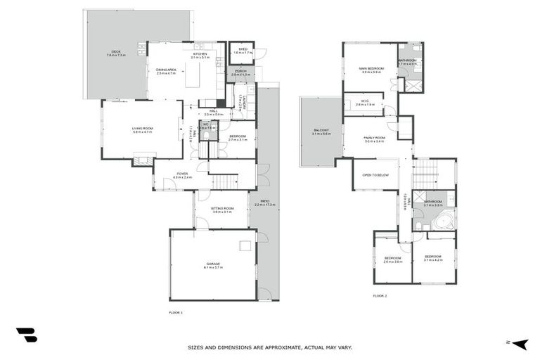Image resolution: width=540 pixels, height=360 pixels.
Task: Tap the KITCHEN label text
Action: coord(200,54)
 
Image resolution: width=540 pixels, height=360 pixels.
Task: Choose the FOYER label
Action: coord(182,174)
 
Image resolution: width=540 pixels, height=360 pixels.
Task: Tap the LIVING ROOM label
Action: coord(142,129)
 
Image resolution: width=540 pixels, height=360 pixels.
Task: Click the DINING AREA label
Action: coord(166,70)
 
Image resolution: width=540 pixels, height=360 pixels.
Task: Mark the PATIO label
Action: coord(264,202)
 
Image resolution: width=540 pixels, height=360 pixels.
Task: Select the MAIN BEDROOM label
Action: coord(371,69)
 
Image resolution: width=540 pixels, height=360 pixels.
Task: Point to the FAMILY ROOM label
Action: coord(374,139)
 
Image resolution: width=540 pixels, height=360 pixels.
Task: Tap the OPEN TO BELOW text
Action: coord(375,174)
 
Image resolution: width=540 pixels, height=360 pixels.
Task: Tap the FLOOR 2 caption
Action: coord(380,296)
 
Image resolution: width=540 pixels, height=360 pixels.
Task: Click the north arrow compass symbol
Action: coord(520,344)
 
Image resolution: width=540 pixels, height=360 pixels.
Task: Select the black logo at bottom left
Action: coord(26,335)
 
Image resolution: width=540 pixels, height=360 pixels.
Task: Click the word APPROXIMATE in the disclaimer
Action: coord(263,347)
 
